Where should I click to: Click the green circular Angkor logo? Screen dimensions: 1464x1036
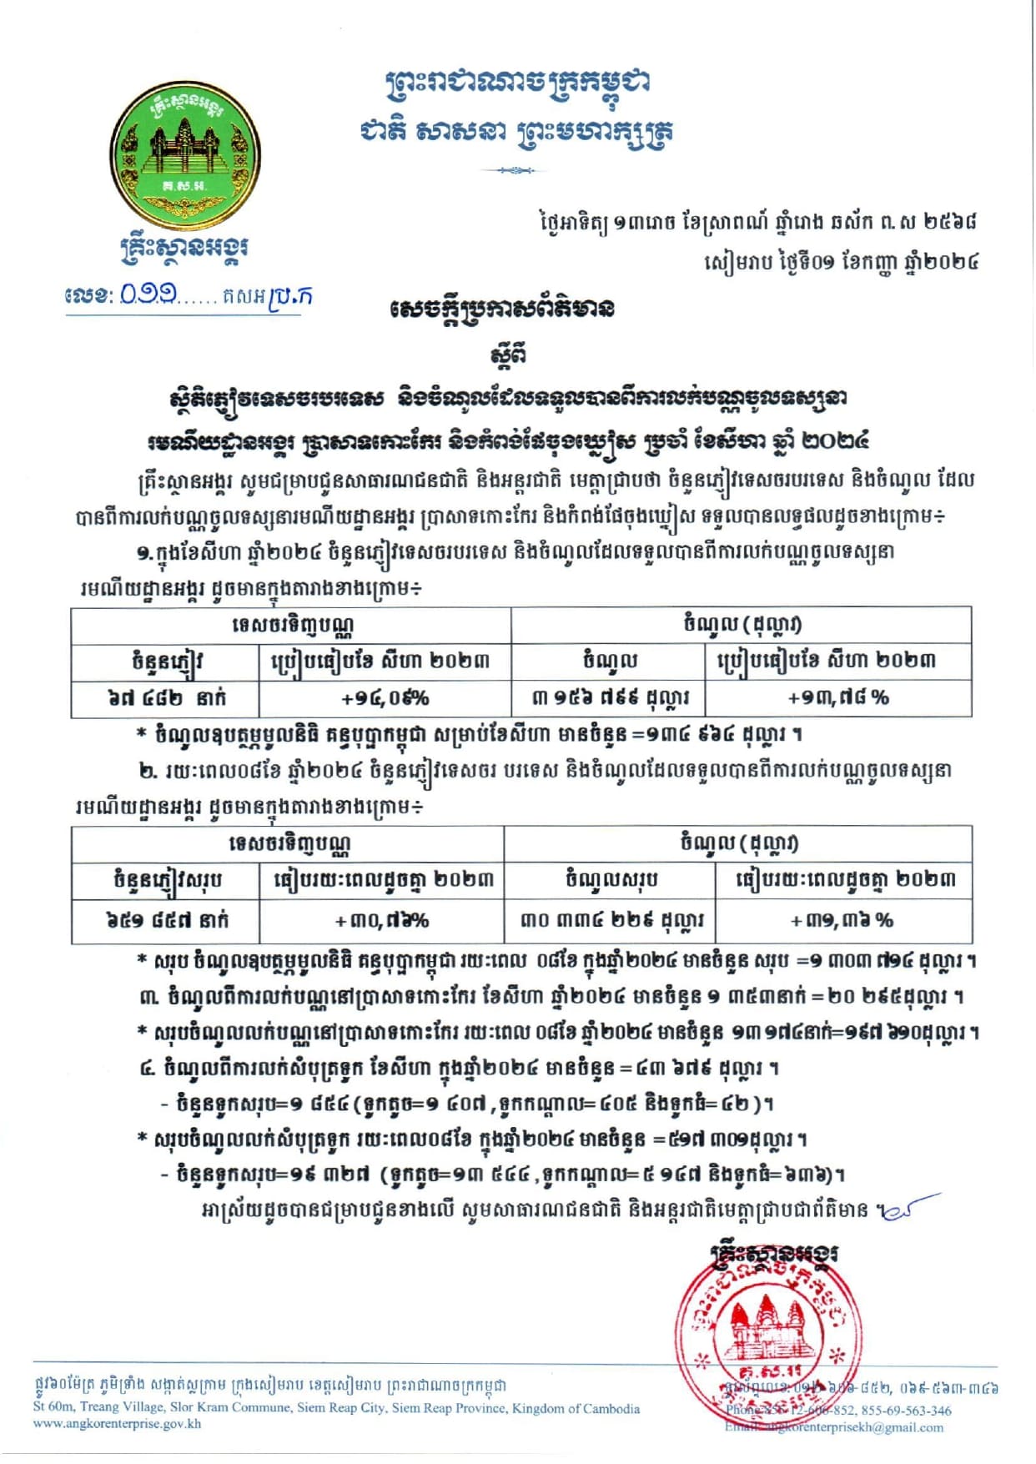point(184,158)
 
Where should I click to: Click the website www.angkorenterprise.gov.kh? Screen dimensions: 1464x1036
point(117,1423)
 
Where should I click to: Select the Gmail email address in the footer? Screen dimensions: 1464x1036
point(834,1427)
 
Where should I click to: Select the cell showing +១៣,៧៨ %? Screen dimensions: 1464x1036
point(838,698)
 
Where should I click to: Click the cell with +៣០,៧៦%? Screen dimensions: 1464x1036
point(381,921)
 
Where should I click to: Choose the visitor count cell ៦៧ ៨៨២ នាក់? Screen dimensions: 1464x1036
point(166,698)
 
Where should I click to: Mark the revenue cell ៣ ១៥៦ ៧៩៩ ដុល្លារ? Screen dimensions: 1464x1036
point(609,698)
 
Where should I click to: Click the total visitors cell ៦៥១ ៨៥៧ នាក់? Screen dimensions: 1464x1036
point(166,921)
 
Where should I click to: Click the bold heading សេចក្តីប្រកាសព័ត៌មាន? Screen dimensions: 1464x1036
point(501,309)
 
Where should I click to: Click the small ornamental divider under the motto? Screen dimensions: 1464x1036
point(513,171)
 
